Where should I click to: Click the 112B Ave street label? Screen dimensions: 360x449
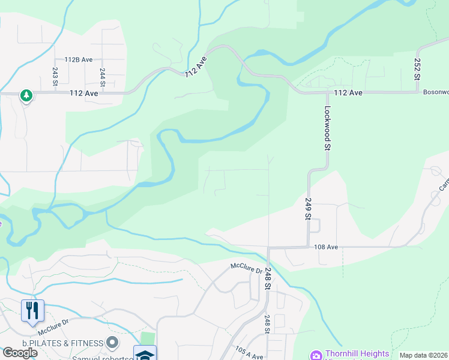pyautogui.click(x=79, y=60)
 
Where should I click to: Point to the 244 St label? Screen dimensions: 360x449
pyautogui.click(x=102, y=77)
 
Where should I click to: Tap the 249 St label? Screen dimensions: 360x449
pyautogui.click(x=308, y=208)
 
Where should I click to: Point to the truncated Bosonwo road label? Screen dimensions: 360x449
pyautogui.click(x=435, y=92)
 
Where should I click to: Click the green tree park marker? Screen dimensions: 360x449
pyautogui.click(x=26, y=95)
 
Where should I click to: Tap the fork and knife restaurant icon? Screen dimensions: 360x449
pyautogui.click(x=32, y=310)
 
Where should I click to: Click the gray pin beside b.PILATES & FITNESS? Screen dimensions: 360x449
pyautogui.click(x=112, y=343)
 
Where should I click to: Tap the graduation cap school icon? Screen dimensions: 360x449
pyautogui.click(x=145, y=354)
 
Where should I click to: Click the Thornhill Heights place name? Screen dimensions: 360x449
pyautogui.click(x=357, y=354)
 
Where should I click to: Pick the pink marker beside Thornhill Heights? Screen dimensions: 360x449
pyautogui.click(x=315, y=355)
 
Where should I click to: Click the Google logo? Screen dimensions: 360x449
pyautogui.click(x=20, y=353)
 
